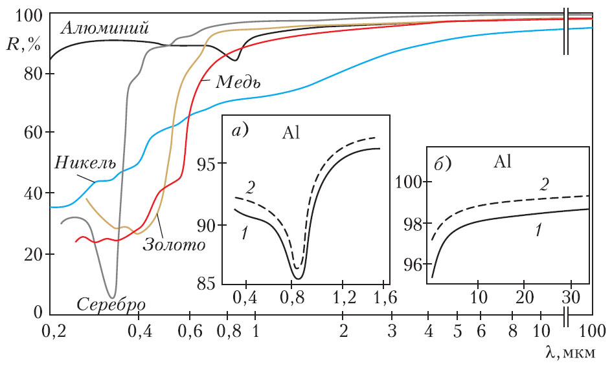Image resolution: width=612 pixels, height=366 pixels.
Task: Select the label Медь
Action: click(x=238, y=82)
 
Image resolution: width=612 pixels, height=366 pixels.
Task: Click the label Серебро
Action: click(x=111, y=303)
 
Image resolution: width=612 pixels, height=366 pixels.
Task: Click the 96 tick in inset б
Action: click(x=412, y=264)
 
